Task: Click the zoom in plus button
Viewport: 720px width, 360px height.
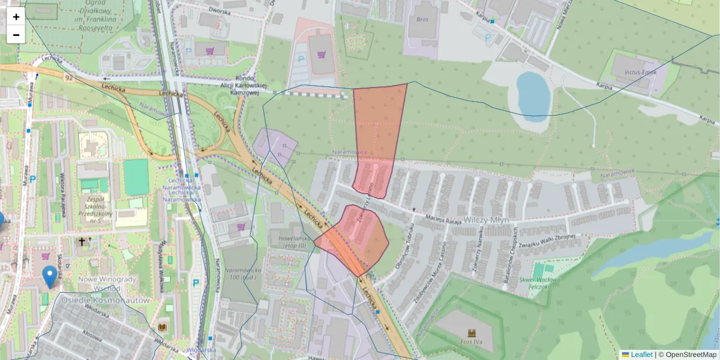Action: coord(16,17)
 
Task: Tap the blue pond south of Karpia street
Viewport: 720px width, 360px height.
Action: coord(533,93)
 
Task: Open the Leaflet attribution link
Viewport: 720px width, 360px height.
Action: coord(641,355)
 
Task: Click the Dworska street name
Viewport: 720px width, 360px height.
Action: coord(220,11)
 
